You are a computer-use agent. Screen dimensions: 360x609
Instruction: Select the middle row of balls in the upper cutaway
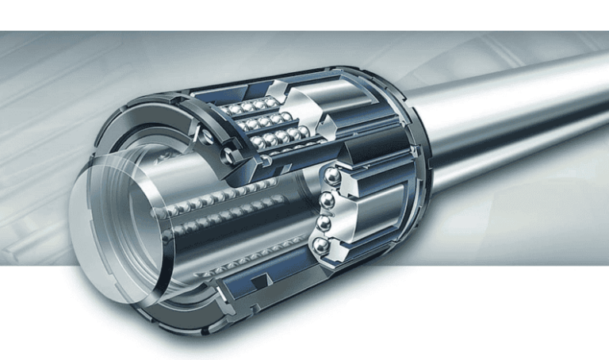262,123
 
